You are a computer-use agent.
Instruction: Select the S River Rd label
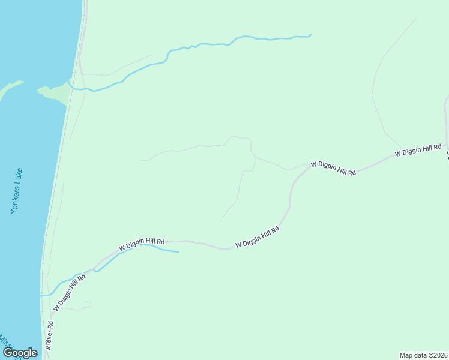(50, 336)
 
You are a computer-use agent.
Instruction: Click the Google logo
(20, 353)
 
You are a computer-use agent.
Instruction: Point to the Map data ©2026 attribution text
(423, 355)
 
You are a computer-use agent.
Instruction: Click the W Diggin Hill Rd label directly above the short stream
(142, 243)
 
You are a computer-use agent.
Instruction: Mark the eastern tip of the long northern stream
(311, 34)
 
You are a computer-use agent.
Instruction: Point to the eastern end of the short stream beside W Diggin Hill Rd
(178, 252)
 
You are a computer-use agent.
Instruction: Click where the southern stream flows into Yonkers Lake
(42, 295)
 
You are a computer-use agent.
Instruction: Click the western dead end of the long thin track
(142, 160)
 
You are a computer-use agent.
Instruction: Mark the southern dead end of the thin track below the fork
(223, 217)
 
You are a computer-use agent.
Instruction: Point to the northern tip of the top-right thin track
(417, 17)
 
